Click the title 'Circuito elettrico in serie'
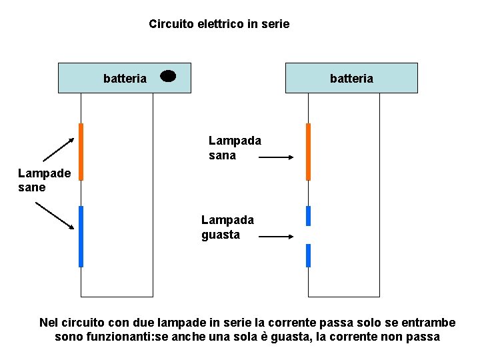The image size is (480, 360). coord(219,24)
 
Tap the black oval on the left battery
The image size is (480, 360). coord(168,76)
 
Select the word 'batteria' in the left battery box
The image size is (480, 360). coord(125,79)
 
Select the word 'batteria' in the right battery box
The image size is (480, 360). coord(351,79)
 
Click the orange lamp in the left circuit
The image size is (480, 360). coord(81,152)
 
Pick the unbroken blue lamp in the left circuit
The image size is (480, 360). coord(81,237)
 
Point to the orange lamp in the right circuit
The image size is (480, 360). coord(308,152)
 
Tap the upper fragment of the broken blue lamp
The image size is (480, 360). coord(308,216)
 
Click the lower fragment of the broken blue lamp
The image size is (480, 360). coord(308,255)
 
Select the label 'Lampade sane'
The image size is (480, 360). coord(44,180)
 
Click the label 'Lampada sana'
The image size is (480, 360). coord(234,148)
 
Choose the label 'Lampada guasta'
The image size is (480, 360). coord(227,227)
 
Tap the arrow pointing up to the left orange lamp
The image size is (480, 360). coord(59,149)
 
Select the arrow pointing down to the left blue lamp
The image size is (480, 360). coord(55,215)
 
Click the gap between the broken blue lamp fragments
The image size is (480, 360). coord(308,235)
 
